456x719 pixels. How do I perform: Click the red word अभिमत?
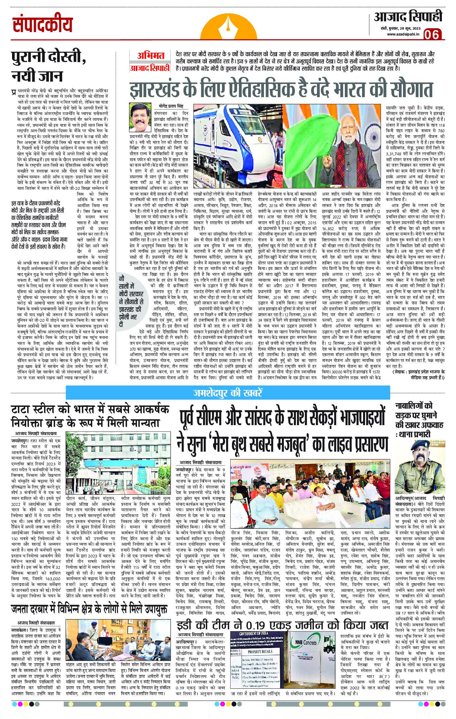point(150,55)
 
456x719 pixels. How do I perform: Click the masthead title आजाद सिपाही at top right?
point(407,17)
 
